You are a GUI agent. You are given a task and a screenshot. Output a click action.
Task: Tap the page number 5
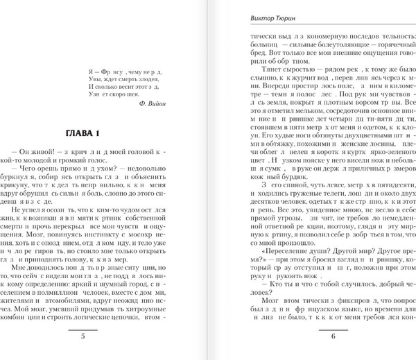tap(102, 338)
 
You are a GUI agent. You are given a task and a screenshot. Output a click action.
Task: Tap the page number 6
tap(312, 338)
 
